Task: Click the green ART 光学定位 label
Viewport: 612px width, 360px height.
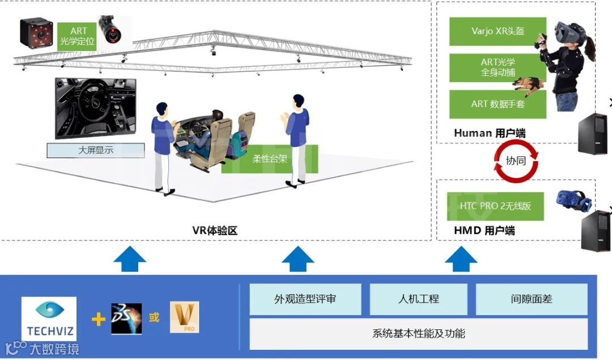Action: click(x=79, y=36)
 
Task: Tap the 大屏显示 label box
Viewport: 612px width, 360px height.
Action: click(x=95, y=150)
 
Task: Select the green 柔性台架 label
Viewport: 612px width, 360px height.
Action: click(x=270, y=159)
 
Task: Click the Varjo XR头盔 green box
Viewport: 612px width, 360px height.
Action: click(x=498, y=31)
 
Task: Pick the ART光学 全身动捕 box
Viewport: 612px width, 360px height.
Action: click(x=498, y=67)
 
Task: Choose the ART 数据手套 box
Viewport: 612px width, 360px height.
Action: click(x=498, y=104)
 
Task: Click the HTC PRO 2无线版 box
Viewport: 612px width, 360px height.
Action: click(x=495, y=206)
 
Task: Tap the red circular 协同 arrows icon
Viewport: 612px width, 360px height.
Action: click(x=516, y=160)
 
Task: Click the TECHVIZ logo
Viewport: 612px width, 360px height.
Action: click(x=48, y=318)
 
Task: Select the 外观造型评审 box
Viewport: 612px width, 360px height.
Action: click(x=305, y=299)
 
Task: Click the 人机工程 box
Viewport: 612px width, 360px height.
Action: click(x=418, y=299)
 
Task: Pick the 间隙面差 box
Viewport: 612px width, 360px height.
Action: click(x=532, y=299)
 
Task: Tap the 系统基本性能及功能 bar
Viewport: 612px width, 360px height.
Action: click(x=418, y=333)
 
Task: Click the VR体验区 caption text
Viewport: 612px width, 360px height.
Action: click(x=214, y=231)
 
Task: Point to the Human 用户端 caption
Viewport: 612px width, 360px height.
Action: click(x=490, y=133)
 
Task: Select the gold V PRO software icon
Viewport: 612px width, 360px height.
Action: click(x=184, y=317)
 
